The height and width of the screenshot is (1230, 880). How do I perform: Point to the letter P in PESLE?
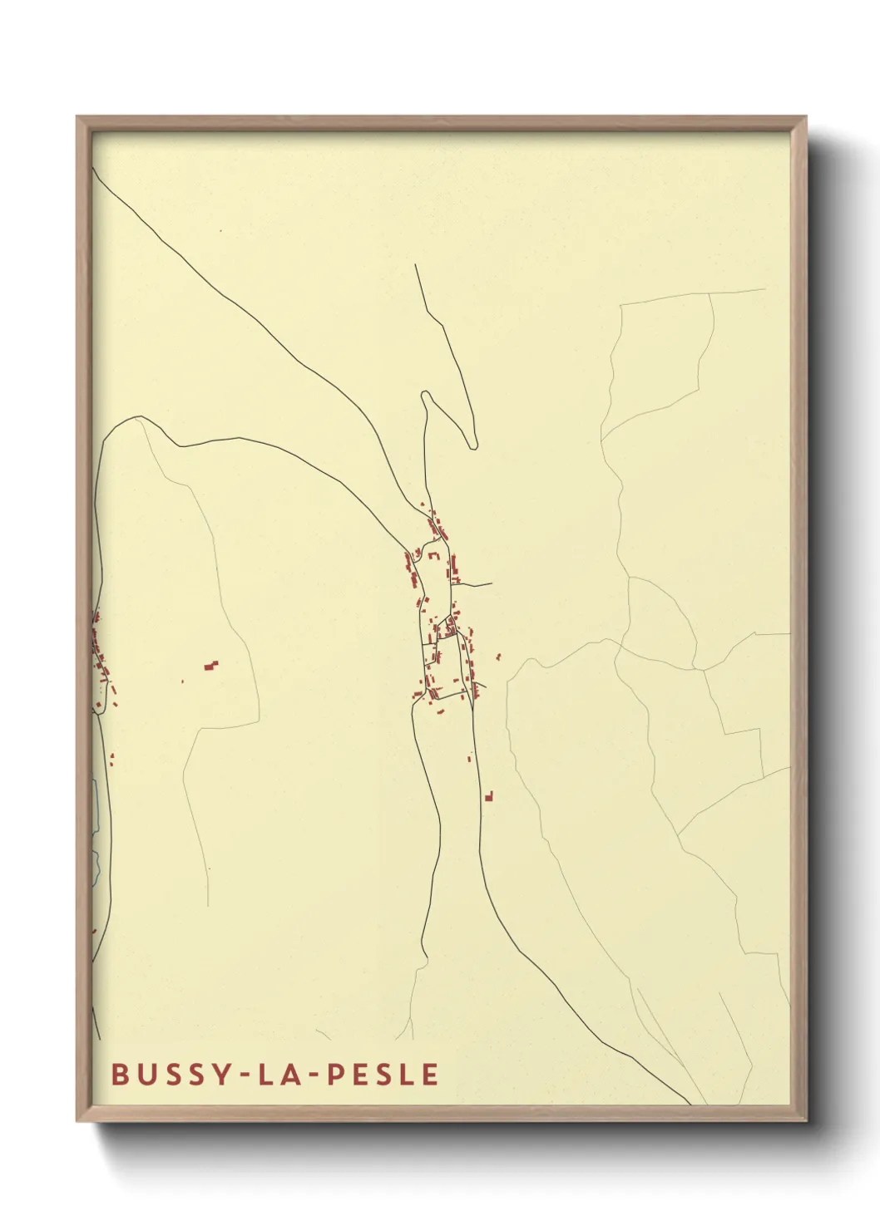[x=334, y=1074]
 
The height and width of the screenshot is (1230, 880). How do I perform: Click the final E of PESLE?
[x=430, y=1074]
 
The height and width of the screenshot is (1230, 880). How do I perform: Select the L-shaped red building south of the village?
[x=489, y=797]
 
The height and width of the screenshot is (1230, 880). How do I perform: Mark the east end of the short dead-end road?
[x=492, y=585]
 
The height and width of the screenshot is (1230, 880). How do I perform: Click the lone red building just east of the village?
[x=498, y=657]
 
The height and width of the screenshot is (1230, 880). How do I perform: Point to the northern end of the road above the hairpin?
[x=416, y=266]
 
